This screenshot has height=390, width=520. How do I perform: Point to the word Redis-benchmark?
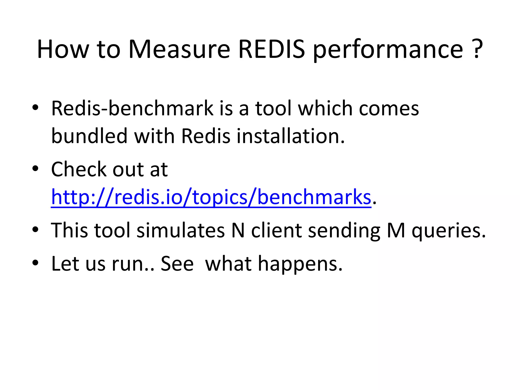point(132,109)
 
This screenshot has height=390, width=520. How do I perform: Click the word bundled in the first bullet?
point(89,136)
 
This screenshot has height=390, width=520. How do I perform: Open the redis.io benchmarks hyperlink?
point(211,197)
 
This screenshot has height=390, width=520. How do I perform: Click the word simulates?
point(181,230)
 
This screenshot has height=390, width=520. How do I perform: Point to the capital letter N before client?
point(238,230)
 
